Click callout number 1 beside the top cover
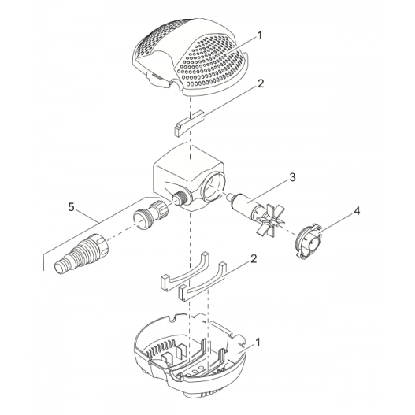tap(259, 35)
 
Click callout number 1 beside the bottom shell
tap(258, 343)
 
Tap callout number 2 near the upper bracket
tap(261, 83)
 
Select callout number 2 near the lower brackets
tap(254, 259)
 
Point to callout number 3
tap(292, 178)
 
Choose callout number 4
tap(357, 211)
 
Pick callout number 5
tap(71, 207)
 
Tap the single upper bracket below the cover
tap(189, 124)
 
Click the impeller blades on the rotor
tap(271, 217)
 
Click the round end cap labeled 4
tap(309, 240)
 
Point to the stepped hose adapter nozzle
tap(82, 255)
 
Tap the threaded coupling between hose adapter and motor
tap(150, 215)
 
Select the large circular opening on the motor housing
tap(213, 189)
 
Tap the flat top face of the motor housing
tap(190, 160)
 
